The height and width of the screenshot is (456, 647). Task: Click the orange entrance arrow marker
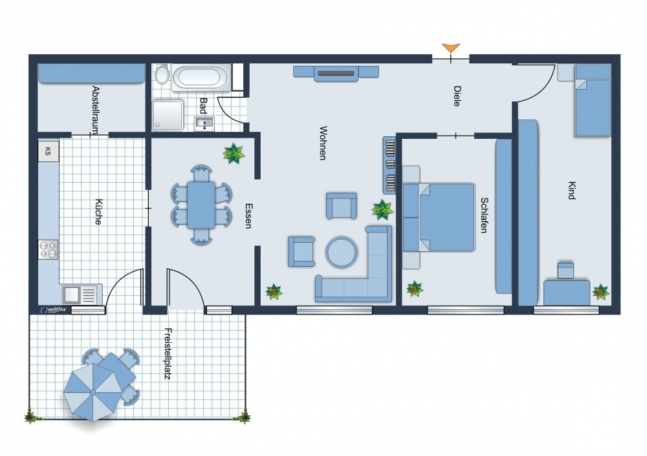(450, 48)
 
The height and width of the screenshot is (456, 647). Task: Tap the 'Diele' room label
(457, 96)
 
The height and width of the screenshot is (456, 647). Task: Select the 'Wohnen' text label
(323, 143)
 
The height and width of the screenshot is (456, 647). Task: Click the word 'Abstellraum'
(95, 110)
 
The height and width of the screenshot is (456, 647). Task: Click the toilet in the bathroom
(162, 74)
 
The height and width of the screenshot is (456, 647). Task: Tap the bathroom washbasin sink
(204, 123)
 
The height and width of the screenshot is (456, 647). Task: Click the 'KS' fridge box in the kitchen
(49, 151)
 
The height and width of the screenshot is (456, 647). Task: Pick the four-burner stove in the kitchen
(49, 249)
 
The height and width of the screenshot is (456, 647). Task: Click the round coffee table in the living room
(341, 252)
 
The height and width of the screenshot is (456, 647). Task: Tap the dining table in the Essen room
(201, 205)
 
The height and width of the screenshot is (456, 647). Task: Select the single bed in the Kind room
(593, 101)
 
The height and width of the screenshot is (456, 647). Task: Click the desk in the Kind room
(567, 293)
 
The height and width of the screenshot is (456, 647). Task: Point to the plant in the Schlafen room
(414, 289)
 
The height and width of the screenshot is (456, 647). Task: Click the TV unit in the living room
(336, 73)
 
